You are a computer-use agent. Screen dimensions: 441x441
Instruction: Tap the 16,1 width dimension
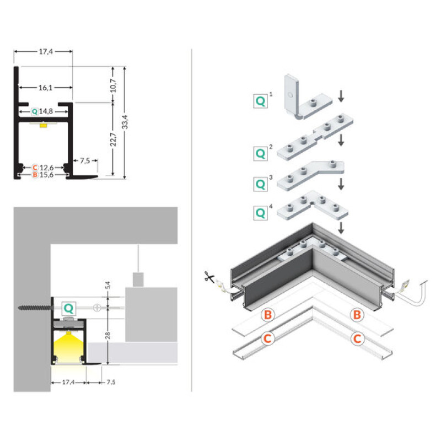click(46, 87)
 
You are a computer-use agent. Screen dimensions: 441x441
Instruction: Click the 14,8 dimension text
click(46, 111)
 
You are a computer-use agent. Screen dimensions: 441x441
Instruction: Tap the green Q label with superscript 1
click(260, 100)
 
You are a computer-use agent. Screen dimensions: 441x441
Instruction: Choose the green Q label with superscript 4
click(260, 212)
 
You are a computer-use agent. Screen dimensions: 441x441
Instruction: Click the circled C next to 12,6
click(35, 166)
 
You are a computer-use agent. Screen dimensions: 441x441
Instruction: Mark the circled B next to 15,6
click(35, 175)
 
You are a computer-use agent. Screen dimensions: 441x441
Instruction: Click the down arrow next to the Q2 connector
click(341, 140)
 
